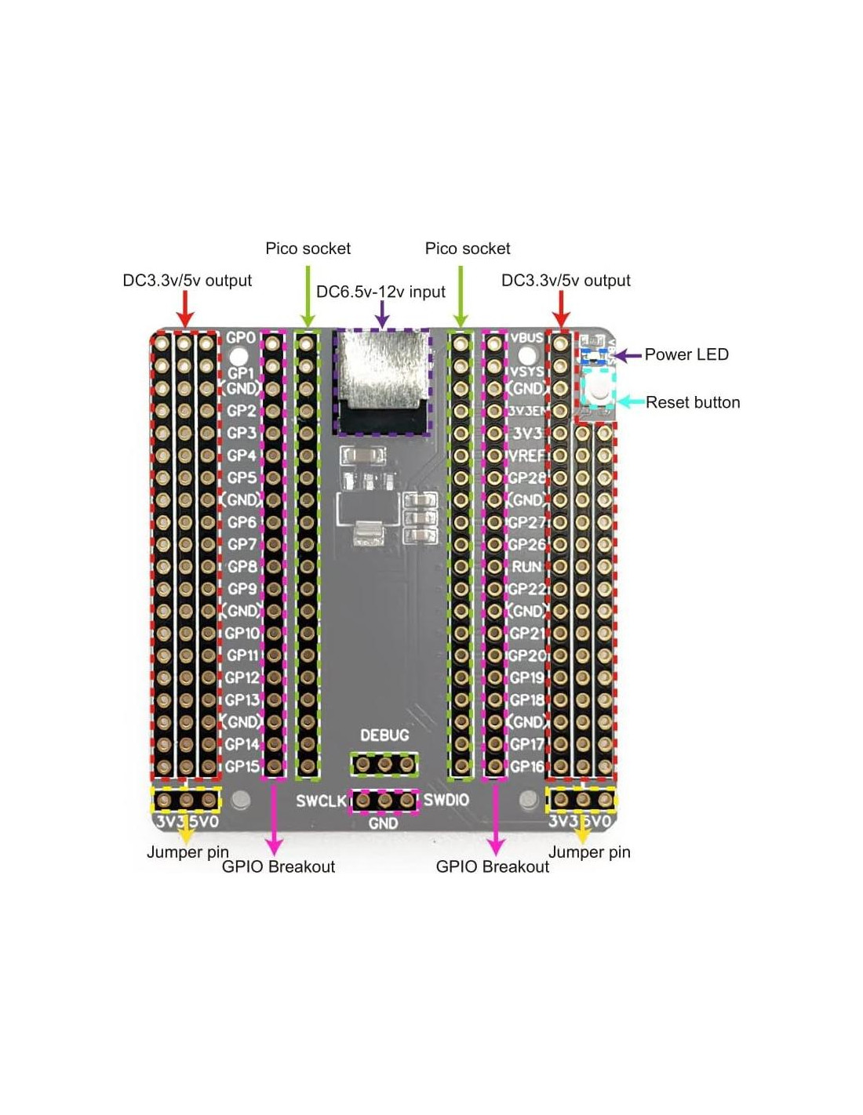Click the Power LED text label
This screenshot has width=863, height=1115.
[x=686, y=354]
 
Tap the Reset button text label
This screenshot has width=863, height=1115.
[x=693, y=402]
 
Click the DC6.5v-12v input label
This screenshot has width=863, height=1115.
[x=381, y=292]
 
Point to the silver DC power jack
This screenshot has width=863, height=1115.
[x=382, y=369]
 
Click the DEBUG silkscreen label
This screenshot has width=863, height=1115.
[x=384, y=735]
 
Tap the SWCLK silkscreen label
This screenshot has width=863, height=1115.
[x=321, y=801]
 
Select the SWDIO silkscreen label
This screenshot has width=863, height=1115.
[x=446, y=800]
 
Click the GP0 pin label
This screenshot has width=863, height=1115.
[x=241, y=338]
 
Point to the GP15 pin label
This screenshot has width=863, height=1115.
[x=242, y=766]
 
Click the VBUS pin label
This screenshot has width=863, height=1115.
[x=526, y=338]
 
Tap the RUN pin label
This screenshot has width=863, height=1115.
[x=526, y=566]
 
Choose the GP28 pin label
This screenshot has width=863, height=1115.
[x=526, y=478]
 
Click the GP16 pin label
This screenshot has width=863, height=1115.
[x=526, y=766]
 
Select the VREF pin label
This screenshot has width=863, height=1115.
[x=526, y=455]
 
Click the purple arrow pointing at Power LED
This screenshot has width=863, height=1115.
[x=628, y=355]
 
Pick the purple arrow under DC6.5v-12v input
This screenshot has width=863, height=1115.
[x=382, y=314]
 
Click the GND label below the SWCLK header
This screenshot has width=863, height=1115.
[x=383, y=823]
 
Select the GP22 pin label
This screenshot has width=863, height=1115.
[x=526, y=589]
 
